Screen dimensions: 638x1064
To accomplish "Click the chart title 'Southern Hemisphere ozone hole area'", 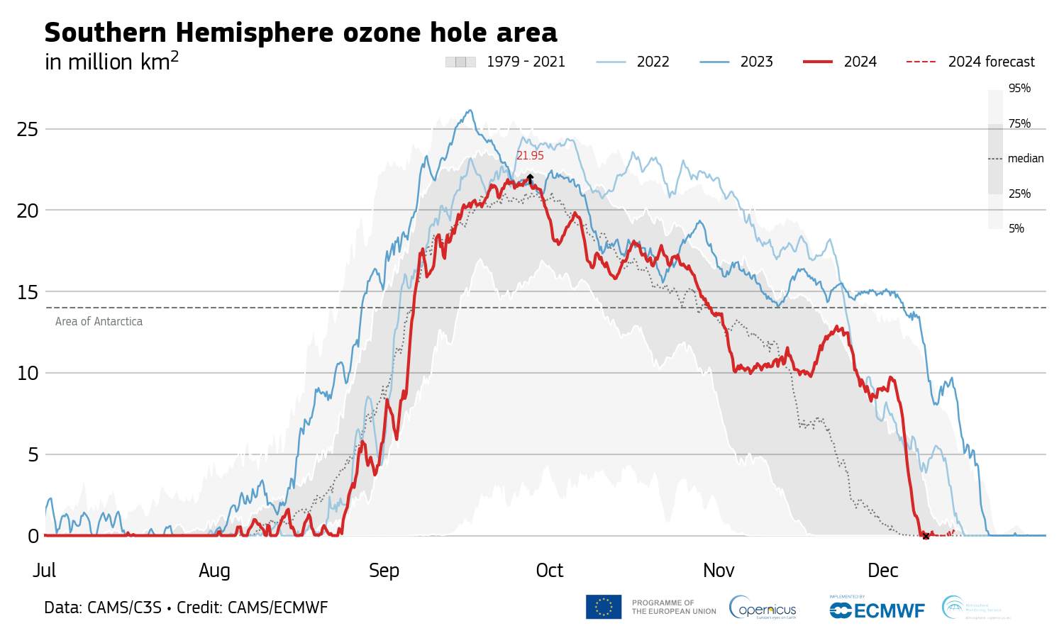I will click(301, 33).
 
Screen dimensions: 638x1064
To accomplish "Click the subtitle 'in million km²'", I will click(111, 62).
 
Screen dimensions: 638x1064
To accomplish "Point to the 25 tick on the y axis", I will click(28, 130).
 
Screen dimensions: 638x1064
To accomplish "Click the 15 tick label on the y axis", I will click(28, 292).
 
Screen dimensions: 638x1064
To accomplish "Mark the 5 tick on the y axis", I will click(33, 455).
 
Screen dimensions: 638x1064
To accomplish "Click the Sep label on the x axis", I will click(384, 571).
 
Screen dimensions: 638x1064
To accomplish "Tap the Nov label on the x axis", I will click(719, 571).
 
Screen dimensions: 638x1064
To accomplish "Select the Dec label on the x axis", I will click(883, 571).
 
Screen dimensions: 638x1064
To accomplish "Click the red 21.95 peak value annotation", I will click(530, 156).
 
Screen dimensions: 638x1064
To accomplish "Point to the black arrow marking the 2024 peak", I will click(530, 179).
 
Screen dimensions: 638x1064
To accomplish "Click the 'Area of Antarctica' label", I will click(99, 322).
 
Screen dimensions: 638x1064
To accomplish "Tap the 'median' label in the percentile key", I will click(1026, 159).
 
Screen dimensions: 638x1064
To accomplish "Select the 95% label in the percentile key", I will click(1019, 89).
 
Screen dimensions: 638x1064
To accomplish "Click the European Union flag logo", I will click(604, 607).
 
